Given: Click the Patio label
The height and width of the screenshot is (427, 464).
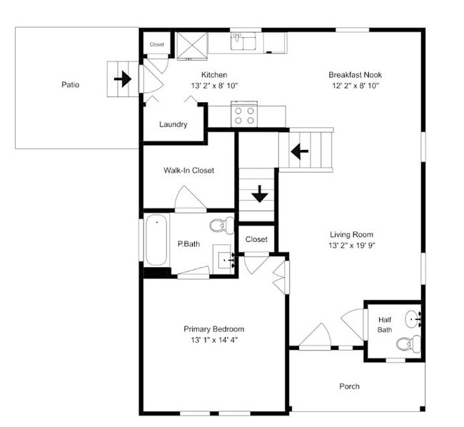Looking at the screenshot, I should click(70, 85).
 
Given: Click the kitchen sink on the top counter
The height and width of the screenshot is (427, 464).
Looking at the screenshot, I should click(245, 41).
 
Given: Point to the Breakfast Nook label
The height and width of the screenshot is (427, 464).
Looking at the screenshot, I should click(353, 75).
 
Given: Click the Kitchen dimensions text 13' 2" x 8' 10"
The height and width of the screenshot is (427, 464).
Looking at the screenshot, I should click(214, 86).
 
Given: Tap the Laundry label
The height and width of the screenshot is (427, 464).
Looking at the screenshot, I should click(173, 124).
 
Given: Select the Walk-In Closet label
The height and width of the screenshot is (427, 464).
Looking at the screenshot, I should click(188, 171).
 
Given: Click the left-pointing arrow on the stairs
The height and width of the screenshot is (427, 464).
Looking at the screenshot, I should click(299, 151).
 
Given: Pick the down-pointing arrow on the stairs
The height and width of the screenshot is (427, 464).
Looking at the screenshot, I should click(259, 193).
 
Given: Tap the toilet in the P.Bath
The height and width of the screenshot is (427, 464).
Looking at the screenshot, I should click(221, 226).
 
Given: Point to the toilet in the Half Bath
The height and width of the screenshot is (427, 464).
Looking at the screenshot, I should click(408, 344).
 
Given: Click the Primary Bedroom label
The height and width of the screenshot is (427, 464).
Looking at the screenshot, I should click(213, 329).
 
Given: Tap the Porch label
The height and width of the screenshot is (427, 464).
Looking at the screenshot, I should click(349, 387).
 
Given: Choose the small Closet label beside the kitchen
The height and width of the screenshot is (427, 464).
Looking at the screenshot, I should click(156, 44).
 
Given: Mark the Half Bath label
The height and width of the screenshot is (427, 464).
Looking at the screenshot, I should click(384, 325).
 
